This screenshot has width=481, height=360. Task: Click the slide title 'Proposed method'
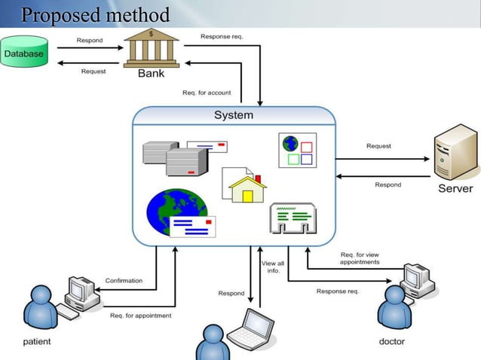95,14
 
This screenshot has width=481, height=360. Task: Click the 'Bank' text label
151,74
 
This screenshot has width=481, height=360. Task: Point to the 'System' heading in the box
234,115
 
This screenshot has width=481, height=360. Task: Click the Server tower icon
455,154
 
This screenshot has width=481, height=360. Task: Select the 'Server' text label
455,188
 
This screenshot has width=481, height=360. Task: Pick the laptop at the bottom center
252,330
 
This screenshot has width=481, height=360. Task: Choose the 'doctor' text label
391,342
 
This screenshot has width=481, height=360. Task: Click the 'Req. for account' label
207,93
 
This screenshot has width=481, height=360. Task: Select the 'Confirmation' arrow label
124,280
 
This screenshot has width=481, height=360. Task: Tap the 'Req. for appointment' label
141,315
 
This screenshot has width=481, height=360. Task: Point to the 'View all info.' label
273,267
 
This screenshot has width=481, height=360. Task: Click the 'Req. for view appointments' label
360,258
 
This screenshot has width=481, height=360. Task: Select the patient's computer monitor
80,288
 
